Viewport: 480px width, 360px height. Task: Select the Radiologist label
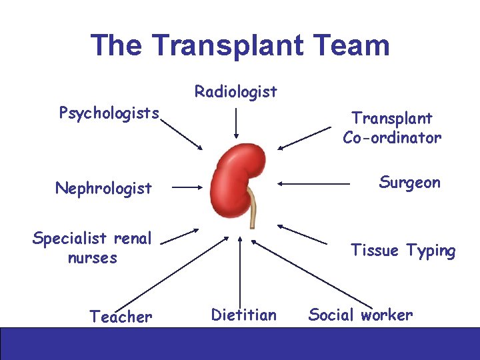[235, 91]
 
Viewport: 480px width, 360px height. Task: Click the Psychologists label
[109, 112]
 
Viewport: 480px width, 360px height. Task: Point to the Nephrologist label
[103, 188]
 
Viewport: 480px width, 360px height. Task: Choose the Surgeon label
[409, 182]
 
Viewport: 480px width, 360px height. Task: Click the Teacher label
[121, 316]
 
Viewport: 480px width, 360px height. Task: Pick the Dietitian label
[243, 315]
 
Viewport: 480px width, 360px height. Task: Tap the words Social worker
[360, 315]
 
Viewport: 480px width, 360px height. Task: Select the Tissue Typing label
[403, 251]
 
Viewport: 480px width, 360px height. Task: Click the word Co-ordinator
[392, 137]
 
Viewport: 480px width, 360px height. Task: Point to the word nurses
[92, 257]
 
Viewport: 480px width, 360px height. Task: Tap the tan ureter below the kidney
[253, 209]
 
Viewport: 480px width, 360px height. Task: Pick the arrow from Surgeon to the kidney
[313, 182]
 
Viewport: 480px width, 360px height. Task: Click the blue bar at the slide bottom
[240, 343]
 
